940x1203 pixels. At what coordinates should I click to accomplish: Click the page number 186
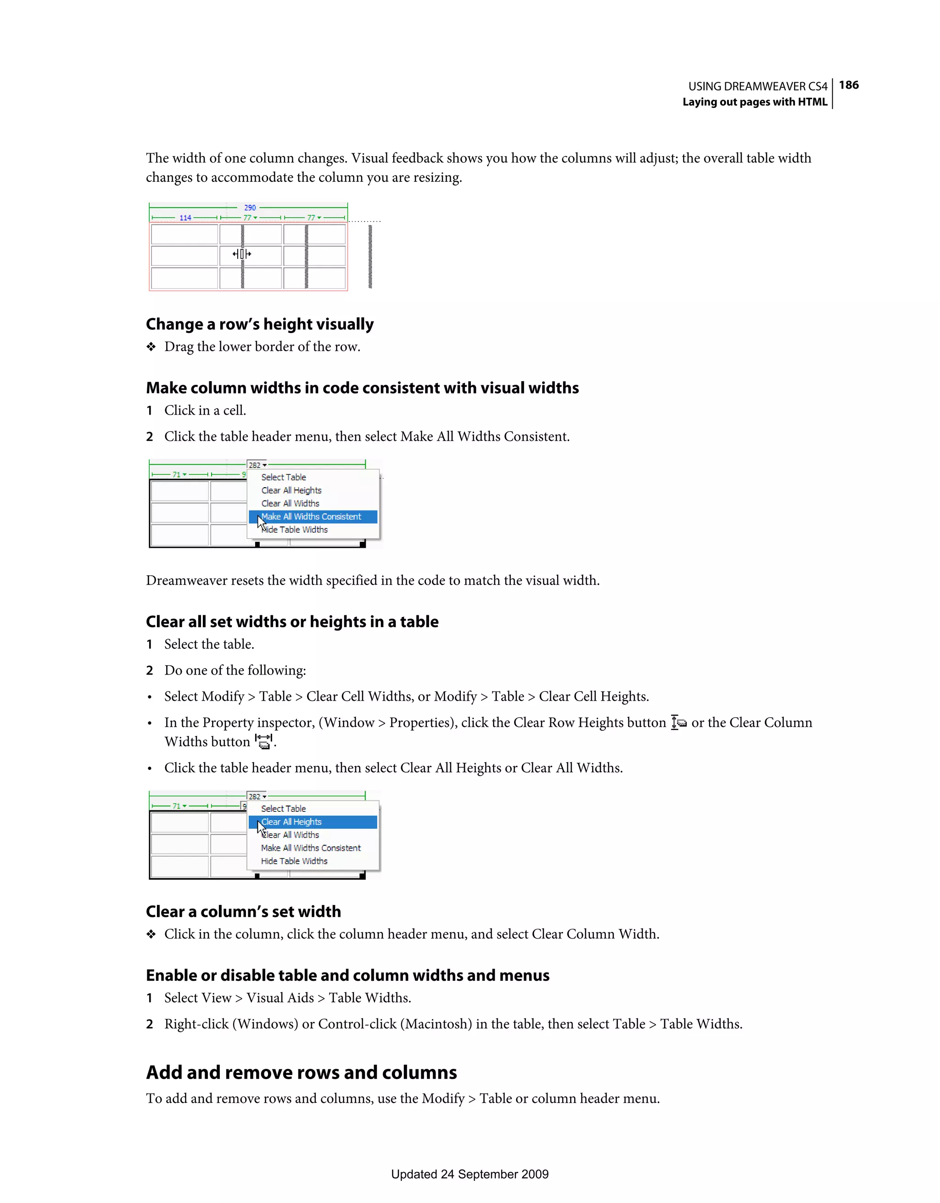[848, 85]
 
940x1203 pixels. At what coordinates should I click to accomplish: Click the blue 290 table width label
[250, 208]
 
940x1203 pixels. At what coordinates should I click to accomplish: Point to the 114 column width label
[185, 218]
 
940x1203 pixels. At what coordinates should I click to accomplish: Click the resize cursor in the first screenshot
[242, 254]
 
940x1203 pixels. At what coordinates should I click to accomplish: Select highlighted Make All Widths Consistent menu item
[312, 517]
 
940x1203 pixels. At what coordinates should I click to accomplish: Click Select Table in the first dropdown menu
[284, 477]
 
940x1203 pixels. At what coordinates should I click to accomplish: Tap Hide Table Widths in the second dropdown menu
[294, 861]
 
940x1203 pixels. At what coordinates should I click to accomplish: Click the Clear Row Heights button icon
[678, 722]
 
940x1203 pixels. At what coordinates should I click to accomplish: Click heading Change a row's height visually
[259, 324]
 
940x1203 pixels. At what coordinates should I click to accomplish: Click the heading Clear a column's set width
[243, 911]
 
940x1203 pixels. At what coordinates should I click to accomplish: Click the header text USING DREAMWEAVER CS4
[757, 86]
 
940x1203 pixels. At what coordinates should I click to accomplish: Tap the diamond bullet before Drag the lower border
[151, 347]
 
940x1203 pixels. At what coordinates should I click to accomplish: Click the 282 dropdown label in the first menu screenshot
[257, 465]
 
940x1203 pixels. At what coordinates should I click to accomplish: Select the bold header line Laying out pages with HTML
[755, 102]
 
